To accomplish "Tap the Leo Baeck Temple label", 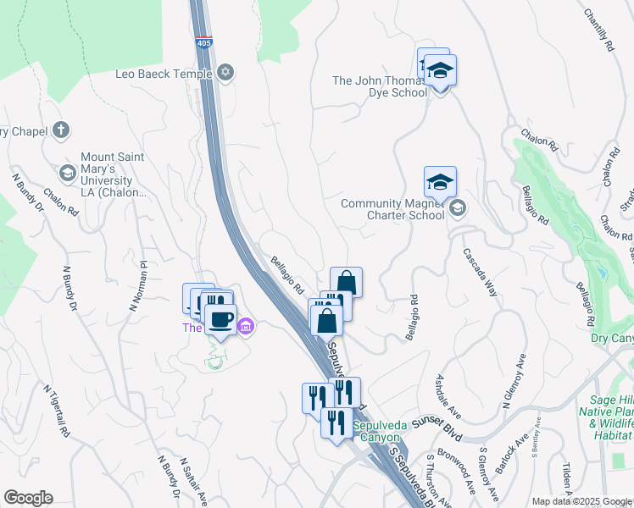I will click(x=164, y=74).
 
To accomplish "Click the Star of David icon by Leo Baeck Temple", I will click(x=225, y=73).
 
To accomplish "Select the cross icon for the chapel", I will click(x=60, y=130).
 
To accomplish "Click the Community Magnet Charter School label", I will click(x=392, y=209).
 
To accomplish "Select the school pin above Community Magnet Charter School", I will click(x=440, y=182).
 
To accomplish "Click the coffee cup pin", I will click(x=221, y=320).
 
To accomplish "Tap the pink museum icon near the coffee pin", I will click(x=246, y=326).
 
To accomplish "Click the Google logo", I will click(x=29, y=498).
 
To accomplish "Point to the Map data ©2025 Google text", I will click(x=581, y=501).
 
